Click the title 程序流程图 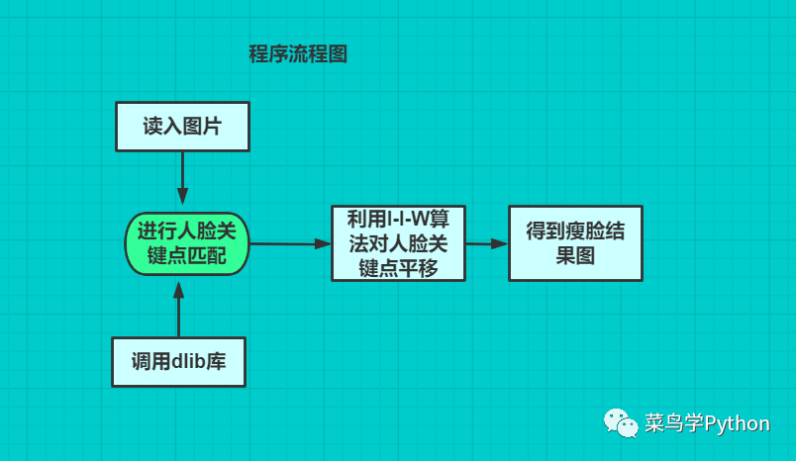click(x=297, y=54)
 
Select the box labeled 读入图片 click(x=181, y=127)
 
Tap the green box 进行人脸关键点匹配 click(x=186, y=243)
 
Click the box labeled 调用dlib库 click(x=178, y=361)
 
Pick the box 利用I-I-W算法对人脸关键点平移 click(x=398, y=243)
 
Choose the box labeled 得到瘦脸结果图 click(x=575, y=243)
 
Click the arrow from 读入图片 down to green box click(x=182, y=180)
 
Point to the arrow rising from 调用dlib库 click(x=178, y=309)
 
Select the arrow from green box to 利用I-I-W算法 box click(x=289, y=243)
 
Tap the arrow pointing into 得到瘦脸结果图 click(x=486, y=243)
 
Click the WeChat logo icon click(x=621, y=423)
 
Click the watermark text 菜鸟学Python click(x=706, y=423)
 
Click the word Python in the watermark click(x=737, y=423)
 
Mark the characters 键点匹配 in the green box click(x=186, y=256)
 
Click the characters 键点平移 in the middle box click(x=398, y=268)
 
